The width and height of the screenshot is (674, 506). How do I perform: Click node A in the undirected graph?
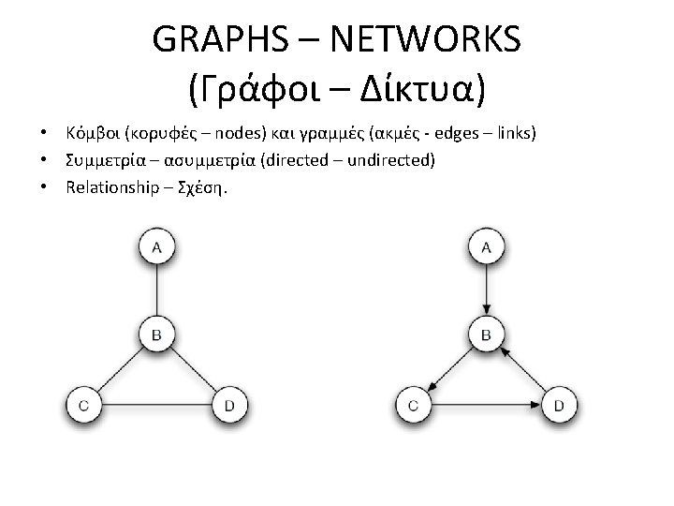156,247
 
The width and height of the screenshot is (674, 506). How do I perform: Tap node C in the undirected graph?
83,405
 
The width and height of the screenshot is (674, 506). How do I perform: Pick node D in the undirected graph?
229,405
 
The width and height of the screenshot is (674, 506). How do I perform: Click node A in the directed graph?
486,247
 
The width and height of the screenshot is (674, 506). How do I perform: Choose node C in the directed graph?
413,405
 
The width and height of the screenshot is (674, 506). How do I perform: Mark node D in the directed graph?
559,405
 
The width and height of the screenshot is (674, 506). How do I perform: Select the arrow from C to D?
486,405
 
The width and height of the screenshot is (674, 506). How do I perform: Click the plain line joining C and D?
156,405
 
